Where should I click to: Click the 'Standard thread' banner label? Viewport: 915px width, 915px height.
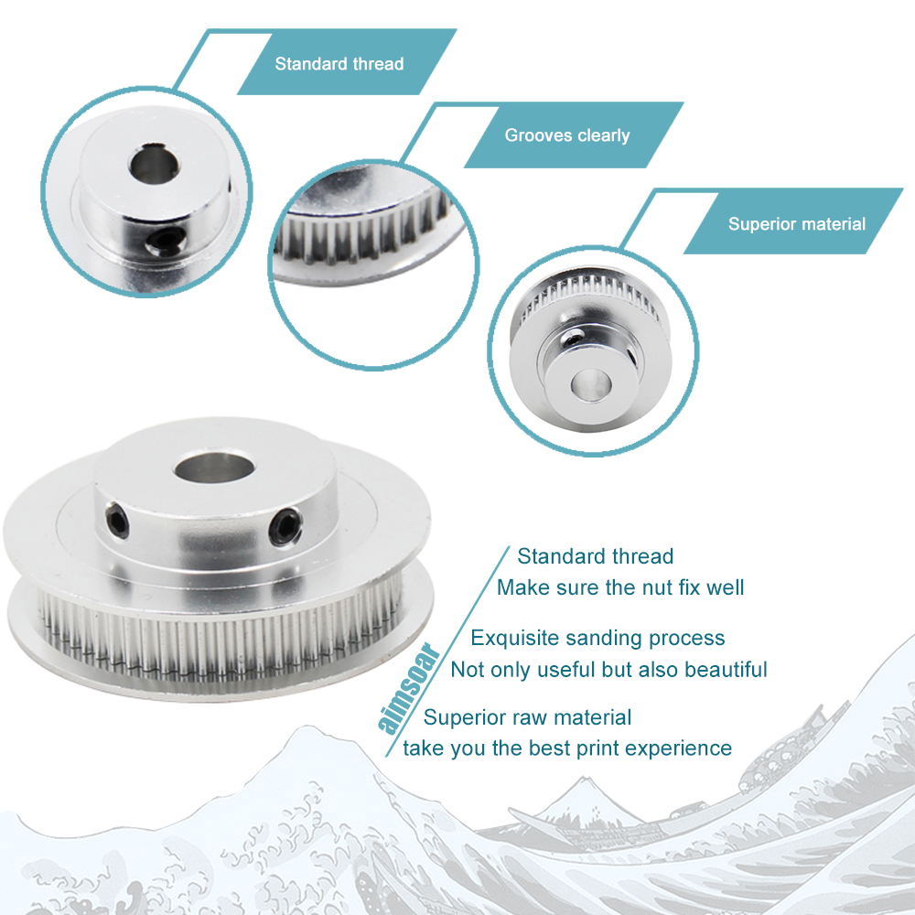tap(339, 64)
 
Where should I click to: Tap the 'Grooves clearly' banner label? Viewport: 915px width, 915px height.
tap(567, 135)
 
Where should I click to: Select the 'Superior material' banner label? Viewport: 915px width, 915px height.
tap(797, 224)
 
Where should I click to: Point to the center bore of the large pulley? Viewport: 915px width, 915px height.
tap(214, 468)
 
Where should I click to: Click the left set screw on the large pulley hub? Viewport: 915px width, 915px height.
tap(118, 520)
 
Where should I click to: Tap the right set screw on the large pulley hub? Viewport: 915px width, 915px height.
tap(285, 526)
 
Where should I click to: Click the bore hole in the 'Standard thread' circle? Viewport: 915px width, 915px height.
tap(154, 164)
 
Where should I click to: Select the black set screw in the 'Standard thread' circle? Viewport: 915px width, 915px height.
tap(166, 241)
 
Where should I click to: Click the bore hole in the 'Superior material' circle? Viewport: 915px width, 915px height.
tap(590, 385)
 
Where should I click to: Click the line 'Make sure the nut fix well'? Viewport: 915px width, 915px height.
tap(620, 587)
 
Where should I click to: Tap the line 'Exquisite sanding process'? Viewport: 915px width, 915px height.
tap(597, 638)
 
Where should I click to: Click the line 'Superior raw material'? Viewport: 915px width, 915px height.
tap(528, 717)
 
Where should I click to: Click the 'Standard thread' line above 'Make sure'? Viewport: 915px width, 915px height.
tap(596, 556)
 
